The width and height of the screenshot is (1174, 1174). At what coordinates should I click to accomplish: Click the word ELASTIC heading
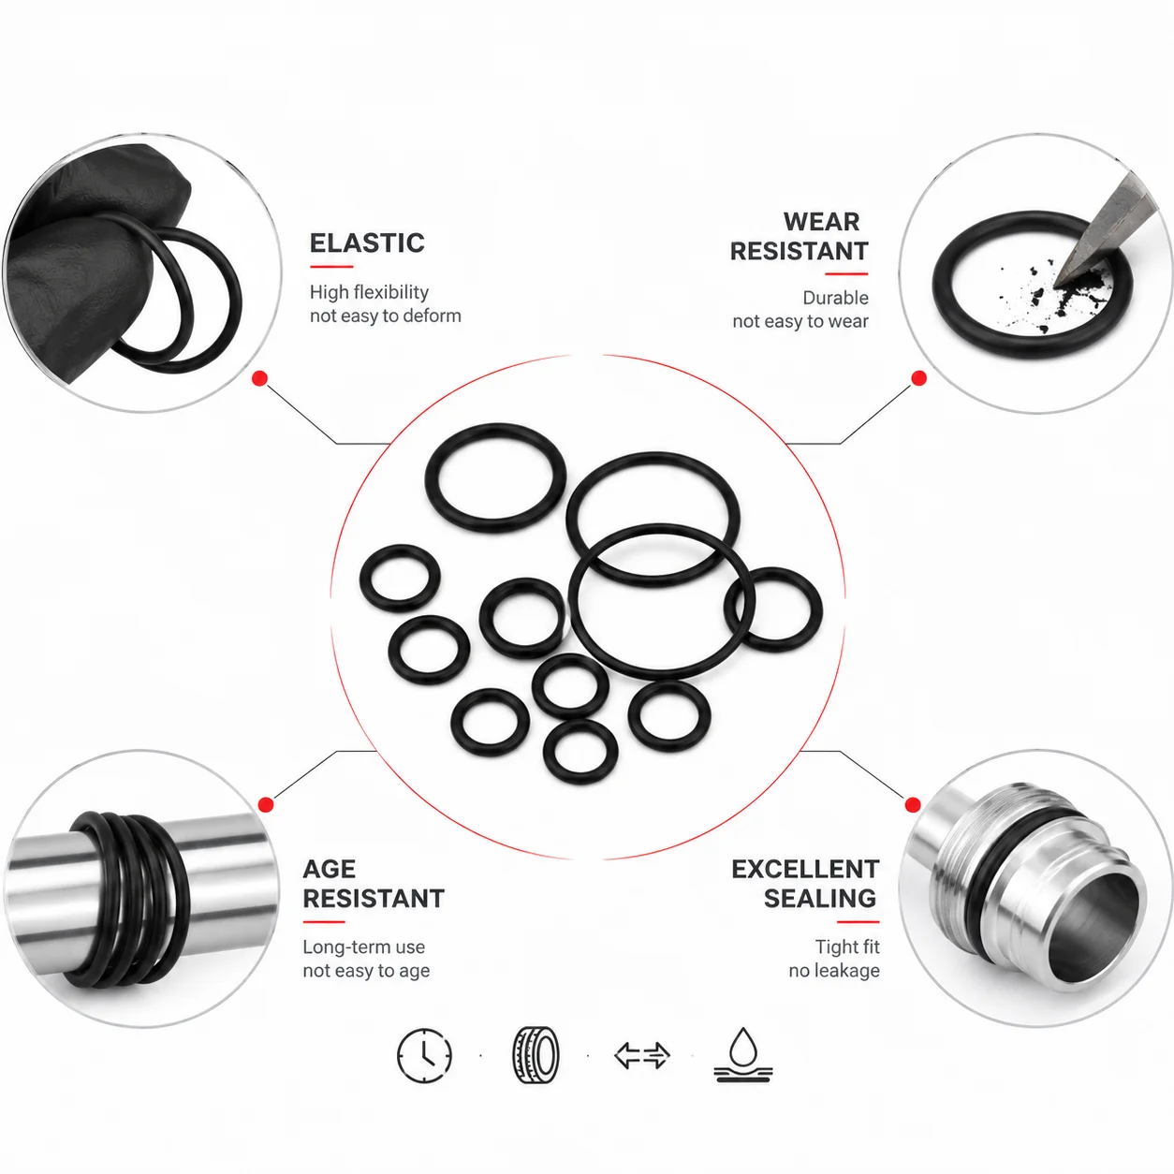pos(367,243)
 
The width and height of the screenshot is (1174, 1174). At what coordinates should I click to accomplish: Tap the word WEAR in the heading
pos(821,222)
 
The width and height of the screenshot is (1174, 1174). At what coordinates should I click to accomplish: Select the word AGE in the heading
pos(329,869)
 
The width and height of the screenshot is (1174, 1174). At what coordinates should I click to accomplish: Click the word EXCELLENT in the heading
pos(805,870)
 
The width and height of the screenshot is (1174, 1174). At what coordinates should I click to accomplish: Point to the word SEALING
pos(820,899)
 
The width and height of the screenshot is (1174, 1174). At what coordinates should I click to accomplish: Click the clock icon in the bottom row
pos(424,1056)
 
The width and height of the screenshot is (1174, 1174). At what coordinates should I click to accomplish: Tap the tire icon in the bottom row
pos(536,1056)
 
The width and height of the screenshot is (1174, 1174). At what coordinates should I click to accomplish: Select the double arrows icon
pos(642,1056)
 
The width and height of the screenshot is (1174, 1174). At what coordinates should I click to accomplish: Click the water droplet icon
pos(742,1055)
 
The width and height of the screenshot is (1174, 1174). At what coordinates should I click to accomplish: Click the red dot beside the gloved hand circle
pos(260,379)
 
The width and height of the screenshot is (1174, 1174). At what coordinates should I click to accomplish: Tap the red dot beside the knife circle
pos(918,378)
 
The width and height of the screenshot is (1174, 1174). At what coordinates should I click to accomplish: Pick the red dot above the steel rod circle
pos(266,805)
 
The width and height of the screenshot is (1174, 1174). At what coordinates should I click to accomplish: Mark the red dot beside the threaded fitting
pos(913,805)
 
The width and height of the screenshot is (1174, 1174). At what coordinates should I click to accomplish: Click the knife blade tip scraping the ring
pos(1056,285)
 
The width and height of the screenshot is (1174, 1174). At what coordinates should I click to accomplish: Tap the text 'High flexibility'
pos(369,292)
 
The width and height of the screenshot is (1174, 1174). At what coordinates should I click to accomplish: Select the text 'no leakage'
pos(834,971)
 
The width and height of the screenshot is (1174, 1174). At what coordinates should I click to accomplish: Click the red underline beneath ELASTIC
pos(331,266)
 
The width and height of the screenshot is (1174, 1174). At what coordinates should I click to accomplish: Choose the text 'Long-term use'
pos(363,947)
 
